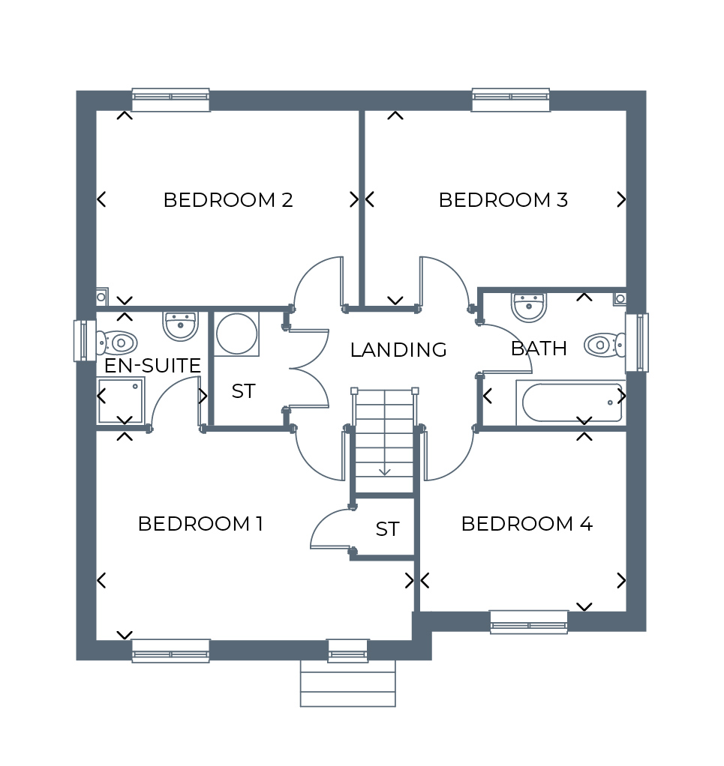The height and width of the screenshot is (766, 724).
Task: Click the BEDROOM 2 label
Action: point(228,200)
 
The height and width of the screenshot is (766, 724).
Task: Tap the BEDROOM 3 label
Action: point(503,200)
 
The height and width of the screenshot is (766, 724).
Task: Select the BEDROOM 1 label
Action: point(200,524)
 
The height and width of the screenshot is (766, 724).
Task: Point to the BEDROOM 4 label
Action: point(527,524)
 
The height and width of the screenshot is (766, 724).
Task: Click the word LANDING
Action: point(398,350)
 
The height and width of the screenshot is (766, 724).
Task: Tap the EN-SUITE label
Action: point(152,366)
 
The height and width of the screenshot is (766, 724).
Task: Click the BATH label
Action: point(539,349)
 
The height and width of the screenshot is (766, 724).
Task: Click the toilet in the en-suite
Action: point(116,343)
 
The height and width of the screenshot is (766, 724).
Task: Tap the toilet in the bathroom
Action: point(605,345)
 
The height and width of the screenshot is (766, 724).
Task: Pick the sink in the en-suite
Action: point(180,326)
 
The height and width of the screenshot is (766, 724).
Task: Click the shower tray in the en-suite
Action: point(120,400)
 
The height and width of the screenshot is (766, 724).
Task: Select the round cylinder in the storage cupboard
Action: point(236,334)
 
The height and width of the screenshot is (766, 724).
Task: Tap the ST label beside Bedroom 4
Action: point(388,529)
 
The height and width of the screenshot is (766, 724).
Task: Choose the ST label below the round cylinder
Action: point(243,391)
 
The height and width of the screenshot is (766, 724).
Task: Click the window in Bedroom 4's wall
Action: point(529,622)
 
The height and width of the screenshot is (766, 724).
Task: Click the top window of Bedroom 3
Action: point(511,100)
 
